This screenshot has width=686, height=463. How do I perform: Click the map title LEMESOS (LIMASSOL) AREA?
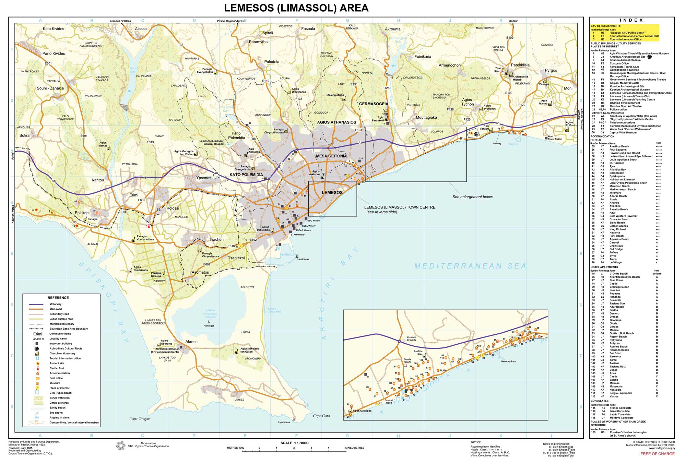click(296, 8)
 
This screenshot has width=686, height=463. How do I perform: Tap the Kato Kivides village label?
click(54, 29)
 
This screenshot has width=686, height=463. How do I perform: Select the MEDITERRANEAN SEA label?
click(470, 266)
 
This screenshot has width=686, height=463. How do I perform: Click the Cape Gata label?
click(321, 416)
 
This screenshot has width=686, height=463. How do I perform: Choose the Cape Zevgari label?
click(140, 419)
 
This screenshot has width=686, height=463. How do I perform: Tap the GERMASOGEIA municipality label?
click(374, 104)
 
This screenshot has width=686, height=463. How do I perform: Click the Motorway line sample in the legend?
click(36, 304)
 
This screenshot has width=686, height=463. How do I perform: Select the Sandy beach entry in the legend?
click(57, 408)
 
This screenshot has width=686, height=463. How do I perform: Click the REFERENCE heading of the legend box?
click(58, 298)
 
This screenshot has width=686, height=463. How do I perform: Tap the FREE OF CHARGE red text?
click(657, 454)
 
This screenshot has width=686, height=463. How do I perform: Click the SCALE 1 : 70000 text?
click(294, 443)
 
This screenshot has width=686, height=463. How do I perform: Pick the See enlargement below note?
click(472, 197)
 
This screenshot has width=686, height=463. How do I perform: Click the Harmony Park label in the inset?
click(508, 361)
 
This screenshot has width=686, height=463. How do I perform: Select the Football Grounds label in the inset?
click(411, 339)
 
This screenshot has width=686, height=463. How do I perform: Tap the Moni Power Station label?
click(555, 138)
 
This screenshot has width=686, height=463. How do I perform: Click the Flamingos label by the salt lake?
click(209, 325)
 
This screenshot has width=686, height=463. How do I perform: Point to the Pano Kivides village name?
click(54, 54)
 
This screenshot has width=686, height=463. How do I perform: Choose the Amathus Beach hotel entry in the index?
click(619, 146)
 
